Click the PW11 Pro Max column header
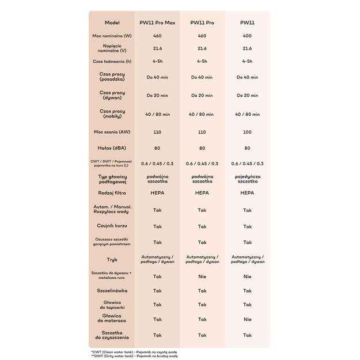click(x=157, y=22)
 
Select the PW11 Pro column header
click(x=202, y=22)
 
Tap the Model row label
click(x=112, y=22)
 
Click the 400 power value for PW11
click(x=247, y=36)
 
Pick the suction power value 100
click(x=247, y=132)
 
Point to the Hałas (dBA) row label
click(x=112, y=147)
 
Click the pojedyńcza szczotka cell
click(x=247, y=179)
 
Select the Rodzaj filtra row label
click(x=112, y=193)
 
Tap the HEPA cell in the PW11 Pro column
click(x=202, y=193)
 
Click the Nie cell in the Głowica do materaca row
click(x=247, y=319)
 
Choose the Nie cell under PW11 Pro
click(x=202, y=276)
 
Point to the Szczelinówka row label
click(x=112, y=291)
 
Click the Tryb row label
click(x=112, y=259)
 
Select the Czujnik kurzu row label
click(x=112, y=226)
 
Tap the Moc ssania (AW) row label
click(x=112, y=132)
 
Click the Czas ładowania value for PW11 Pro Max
click(x=157, y=60)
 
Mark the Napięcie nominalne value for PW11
click(x=247, y=48)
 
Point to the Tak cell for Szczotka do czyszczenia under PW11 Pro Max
click(x=157, y=335)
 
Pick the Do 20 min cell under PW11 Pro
click(x=202, y=96)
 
